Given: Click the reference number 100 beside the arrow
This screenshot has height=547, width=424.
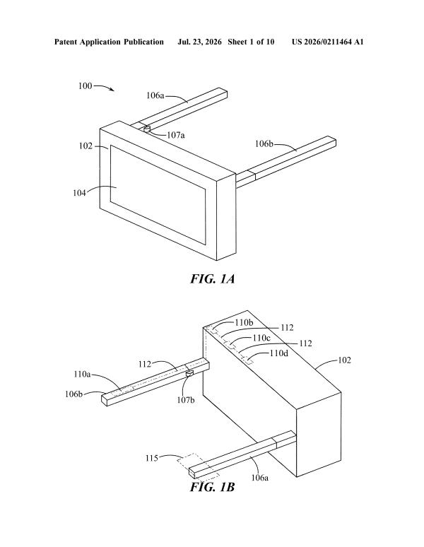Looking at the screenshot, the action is (x=85, y=86).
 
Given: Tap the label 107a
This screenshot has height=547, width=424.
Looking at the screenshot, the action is (x=176, y=136).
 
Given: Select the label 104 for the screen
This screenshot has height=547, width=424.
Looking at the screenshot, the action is (x=79, y=192).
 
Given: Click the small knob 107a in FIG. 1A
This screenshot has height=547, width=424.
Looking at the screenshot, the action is (x=147, y=129).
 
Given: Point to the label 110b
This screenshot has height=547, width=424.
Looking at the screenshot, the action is (x=244, y=322).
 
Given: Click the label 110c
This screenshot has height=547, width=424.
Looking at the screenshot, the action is (x=261, y=338).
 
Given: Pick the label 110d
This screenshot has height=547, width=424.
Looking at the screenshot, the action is (x=279, y=353).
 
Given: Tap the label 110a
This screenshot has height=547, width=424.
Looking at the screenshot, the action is (x=82, y=375).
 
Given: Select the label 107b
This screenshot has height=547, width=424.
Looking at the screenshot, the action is (x=185, y=400).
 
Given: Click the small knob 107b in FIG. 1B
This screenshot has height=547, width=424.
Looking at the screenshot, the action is (x=189, y=374).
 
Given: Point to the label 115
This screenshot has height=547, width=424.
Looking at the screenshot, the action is (x=152, y=458).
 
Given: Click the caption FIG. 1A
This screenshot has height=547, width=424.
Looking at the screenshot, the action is (x=212, y=278).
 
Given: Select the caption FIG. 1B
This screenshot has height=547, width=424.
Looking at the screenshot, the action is (x=212, y=487).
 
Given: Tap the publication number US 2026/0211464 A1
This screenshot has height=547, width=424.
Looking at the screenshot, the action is (x=327, y=42).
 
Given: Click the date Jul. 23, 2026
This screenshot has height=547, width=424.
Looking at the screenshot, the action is (x=199, y=42).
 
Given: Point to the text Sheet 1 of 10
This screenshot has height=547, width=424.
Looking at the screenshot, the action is (x=251, y=42).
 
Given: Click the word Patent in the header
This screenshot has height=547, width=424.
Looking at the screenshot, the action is (x=66, y=42).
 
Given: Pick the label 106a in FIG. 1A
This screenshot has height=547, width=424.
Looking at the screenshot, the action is (x=155, y=95).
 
